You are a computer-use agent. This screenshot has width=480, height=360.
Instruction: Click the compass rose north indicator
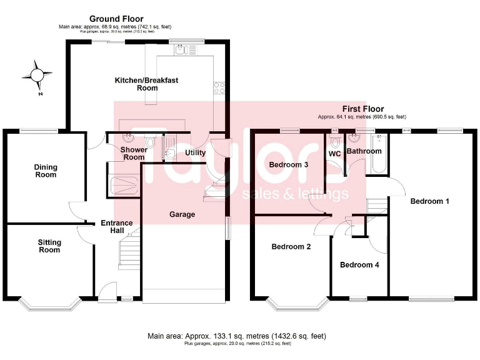click(36, 76)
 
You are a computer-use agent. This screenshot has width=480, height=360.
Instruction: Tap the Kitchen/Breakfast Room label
click(146, 84)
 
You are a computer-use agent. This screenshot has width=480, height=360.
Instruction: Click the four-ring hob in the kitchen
click(219, 88)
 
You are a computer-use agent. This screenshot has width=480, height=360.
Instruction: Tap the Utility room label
click(195, 152)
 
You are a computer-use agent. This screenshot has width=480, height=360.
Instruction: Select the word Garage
click(182, 214)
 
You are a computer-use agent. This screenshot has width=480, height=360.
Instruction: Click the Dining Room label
click(46, 171)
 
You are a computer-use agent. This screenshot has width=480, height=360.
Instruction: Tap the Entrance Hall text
click(117, 227)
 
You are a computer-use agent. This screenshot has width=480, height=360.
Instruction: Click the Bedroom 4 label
click(359, 264)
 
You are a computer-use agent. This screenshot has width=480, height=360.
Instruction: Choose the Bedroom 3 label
click(288, 165)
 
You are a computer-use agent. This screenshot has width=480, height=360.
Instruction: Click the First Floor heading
click(362, 109)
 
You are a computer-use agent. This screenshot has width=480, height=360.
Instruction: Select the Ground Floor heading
click(116, 19)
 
